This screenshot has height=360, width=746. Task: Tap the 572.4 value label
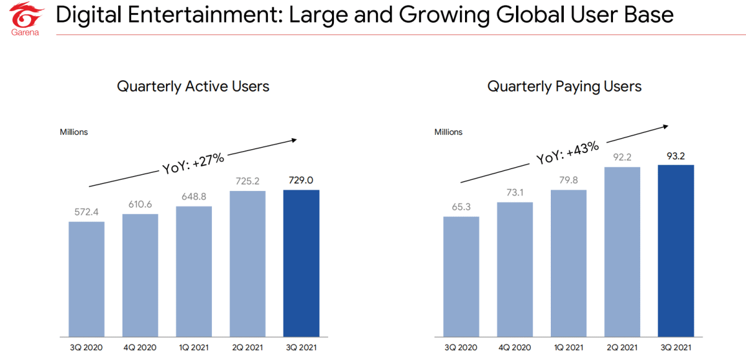tap(86, 212)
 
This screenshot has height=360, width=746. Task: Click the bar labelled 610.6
tap(140, 274)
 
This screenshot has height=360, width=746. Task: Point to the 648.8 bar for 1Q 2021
tap(194, 270)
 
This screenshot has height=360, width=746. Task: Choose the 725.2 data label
tap(247, 182)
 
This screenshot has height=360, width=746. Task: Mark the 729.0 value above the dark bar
tap(301, 180)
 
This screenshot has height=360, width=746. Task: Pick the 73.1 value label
tap(515, 193)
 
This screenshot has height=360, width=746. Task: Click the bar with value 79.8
tap(569, 262)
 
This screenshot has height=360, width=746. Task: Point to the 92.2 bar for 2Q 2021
tap(622, 251)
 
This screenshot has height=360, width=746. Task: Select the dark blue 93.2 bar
tap(676, 250)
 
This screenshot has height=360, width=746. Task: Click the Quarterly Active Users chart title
tap(193, 86)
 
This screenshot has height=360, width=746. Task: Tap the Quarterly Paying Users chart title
tap(564, 86)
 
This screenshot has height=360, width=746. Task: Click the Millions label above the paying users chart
tap(448, 132)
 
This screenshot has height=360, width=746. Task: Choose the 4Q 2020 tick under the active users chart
tap(140, 347)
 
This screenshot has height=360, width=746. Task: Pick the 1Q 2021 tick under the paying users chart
tap(569, 347)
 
